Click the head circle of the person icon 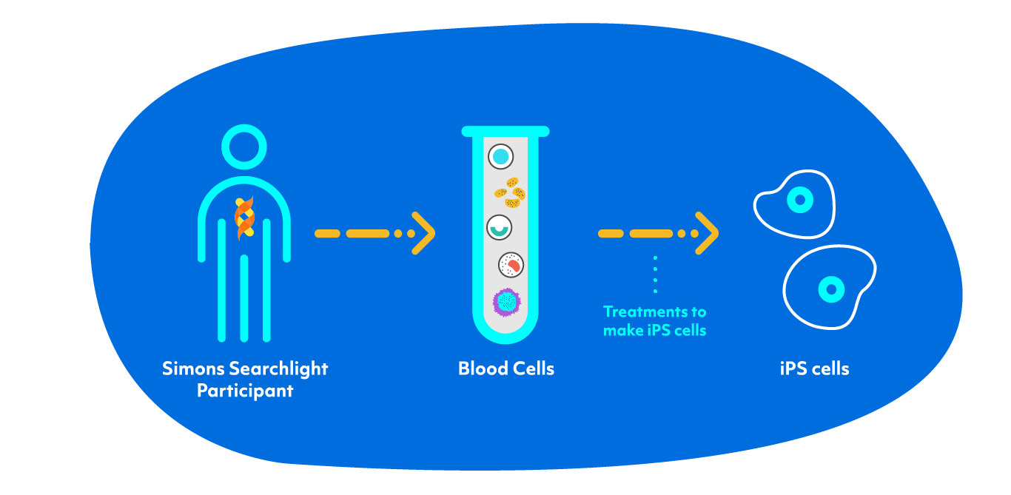[x=245, y=146]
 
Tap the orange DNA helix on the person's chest [x=245, y=218]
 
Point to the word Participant [x=245, y=391]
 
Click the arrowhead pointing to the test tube [x=423, y=233]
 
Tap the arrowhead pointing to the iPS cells [x=707, y=233]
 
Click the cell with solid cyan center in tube [x=501, y=156]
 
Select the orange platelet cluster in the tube [x=510, y=192]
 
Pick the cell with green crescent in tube [x=499, y=227]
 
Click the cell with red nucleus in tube [x=511, y=263]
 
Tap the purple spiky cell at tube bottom [x=507, y=301]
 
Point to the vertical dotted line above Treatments [x=655, y=275]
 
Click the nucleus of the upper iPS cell [x=799, y=198]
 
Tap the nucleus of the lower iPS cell [x=831, y=289]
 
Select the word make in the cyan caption [x=619, y=331]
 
